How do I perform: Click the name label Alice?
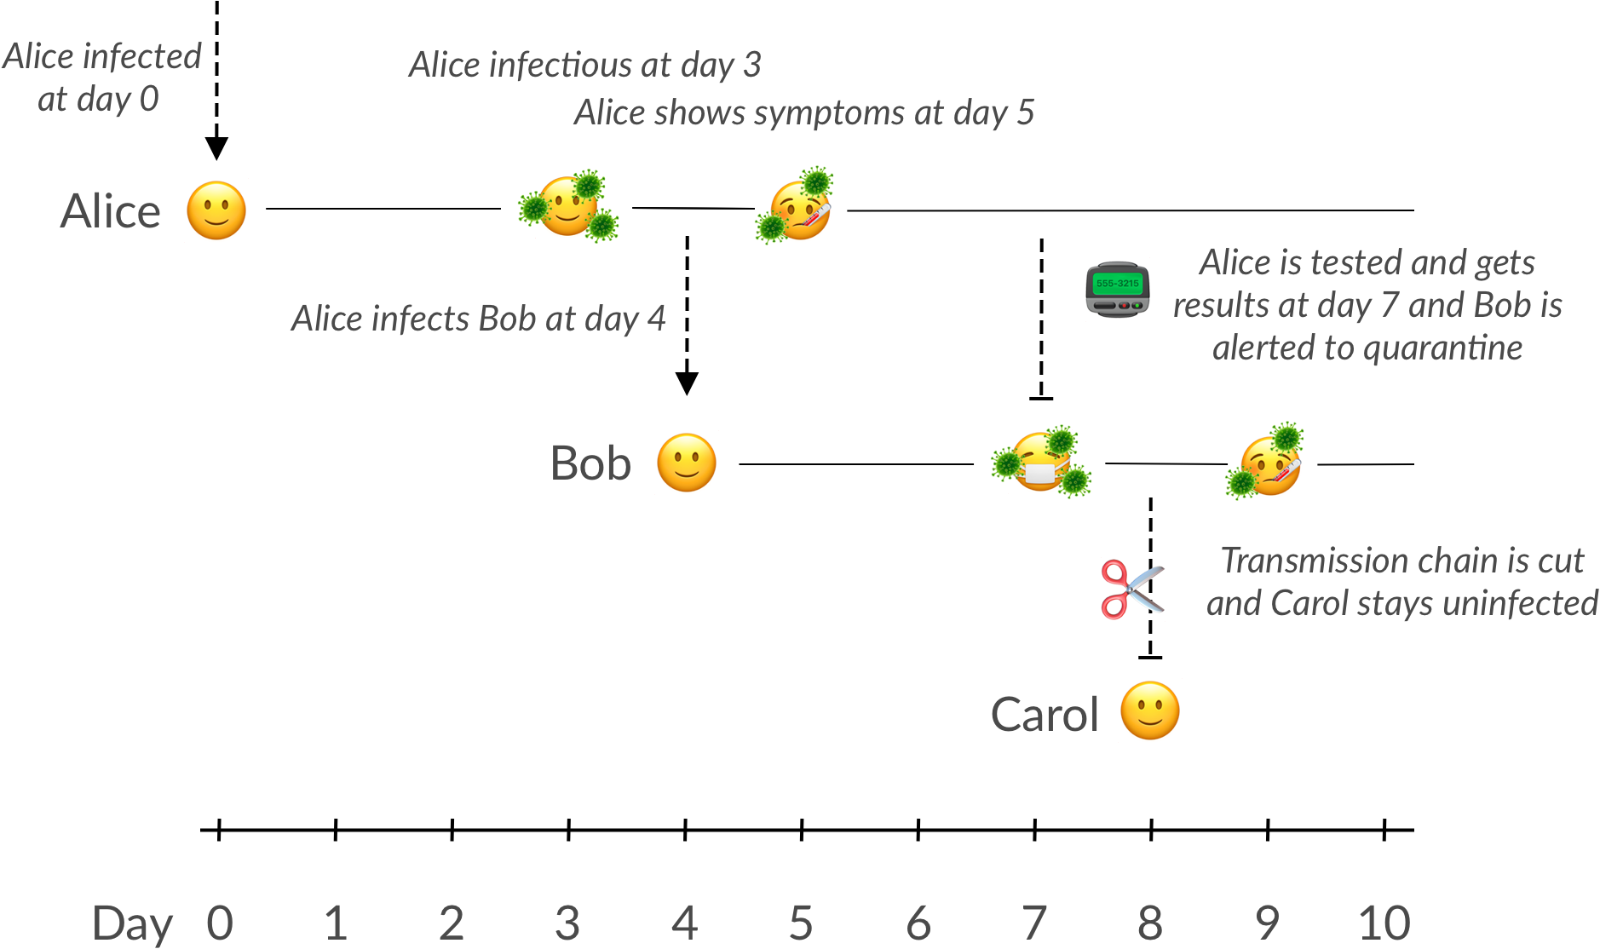[x=110, y=211]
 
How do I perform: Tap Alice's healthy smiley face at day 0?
[x=216, y=210]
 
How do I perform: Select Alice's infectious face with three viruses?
[x=568, y=207]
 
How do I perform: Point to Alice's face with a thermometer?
[x=797, y=207]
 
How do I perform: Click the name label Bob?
[x=590, y=463]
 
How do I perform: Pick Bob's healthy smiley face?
[x=687, y=463]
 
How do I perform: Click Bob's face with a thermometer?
[x=1269, y=462]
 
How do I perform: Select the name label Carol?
[x=1045, y=714]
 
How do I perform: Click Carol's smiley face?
[x=1150, y=710]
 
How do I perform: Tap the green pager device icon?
[x=1118, y=290]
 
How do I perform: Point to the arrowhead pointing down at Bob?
[x=687, y=383]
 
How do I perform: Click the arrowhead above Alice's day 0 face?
[x=216, y=148]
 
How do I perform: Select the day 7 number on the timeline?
[x=1034, y=923]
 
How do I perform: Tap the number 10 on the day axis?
[x=1384, y=923]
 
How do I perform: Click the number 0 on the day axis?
[x=219, y=923]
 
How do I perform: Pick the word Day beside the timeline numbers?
[x=132, y=924]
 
